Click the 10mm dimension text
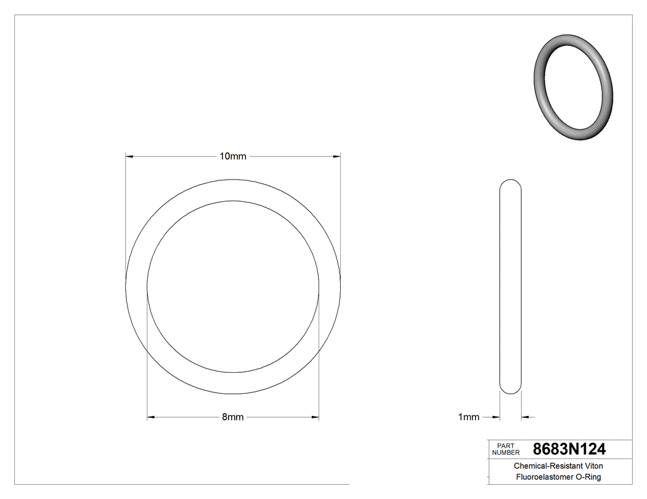coord(233,156)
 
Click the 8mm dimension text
coord(233,417)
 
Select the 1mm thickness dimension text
coord(468,417)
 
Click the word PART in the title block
coord(505,445)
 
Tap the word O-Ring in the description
coord(588,477)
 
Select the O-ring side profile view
coord(510,286)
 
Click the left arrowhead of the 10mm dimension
coord(129,156)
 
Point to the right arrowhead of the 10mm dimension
coord(337,156)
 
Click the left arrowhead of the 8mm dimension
coord(150,417)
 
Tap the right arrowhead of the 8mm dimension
coord(315,417)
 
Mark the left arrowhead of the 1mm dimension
coord(495,417)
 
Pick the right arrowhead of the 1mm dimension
coord(524,417)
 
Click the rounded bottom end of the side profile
coord(510,389)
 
